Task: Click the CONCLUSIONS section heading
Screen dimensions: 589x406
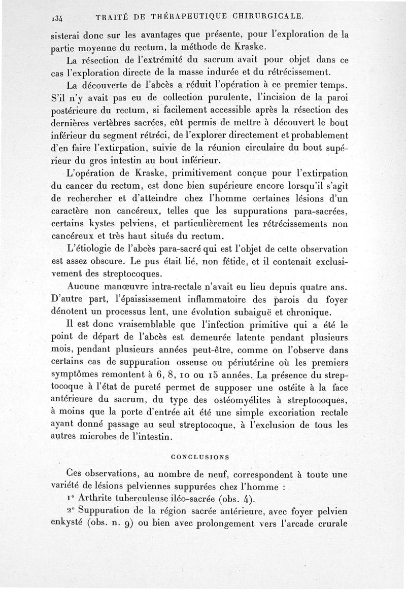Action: pyautogui.click(x=200, y=457)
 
